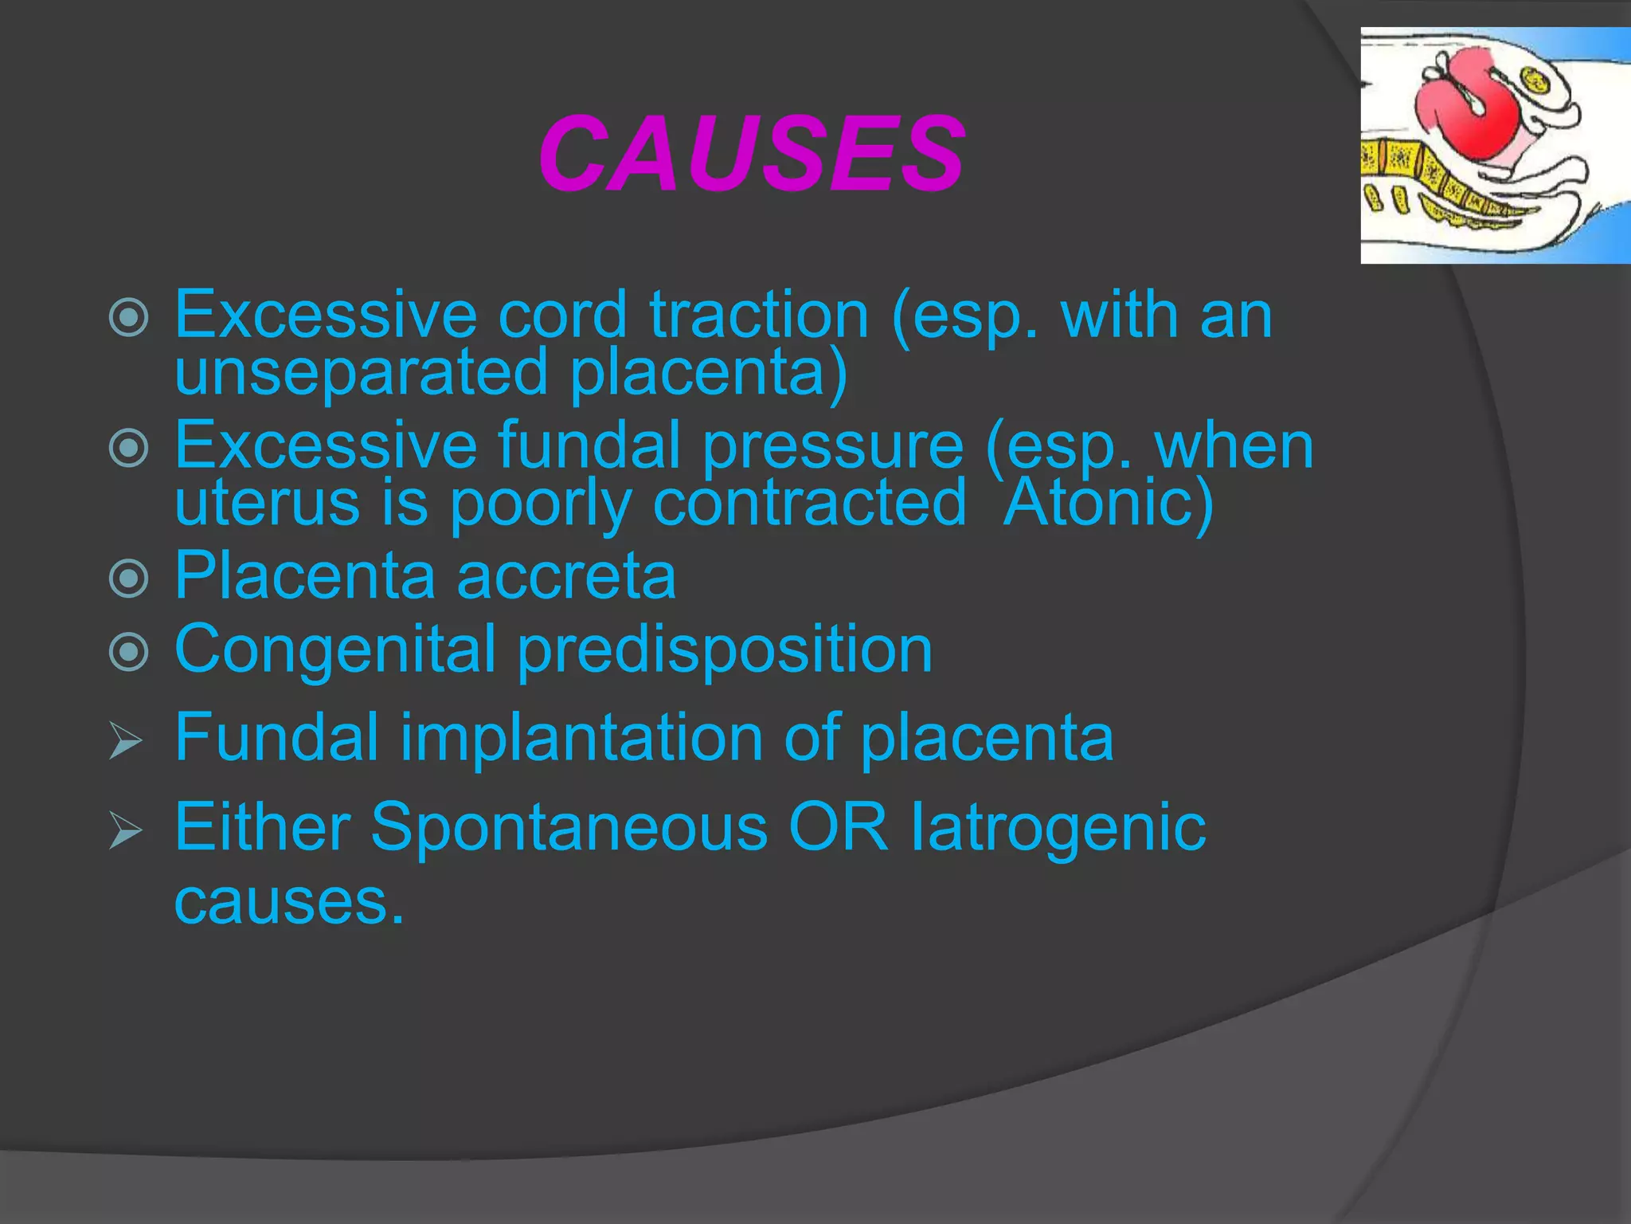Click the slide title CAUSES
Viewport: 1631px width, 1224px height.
point(752,153)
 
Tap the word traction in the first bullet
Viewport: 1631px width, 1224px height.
point(758,316)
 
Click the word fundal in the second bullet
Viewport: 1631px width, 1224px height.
point(589,446)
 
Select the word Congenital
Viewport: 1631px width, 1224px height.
point(334,650)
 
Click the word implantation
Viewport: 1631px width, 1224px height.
point(580,738)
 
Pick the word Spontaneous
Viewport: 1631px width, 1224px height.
point(569,827)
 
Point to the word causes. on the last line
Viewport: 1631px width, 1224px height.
point(288,902)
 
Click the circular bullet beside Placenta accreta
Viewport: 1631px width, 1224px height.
point(128,578)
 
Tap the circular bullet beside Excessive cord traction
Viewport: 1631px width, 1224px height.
point(128,317)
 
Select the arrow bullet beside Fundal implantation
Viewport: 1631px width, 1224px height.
point(126,741)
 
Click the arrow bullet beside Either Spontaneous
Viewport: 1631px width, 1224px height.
point(126,830)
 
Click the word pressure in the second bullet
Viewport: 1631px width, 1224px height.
point(833,448)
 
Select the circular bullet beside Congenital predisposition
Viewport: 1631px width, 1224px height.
point(128,652)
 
